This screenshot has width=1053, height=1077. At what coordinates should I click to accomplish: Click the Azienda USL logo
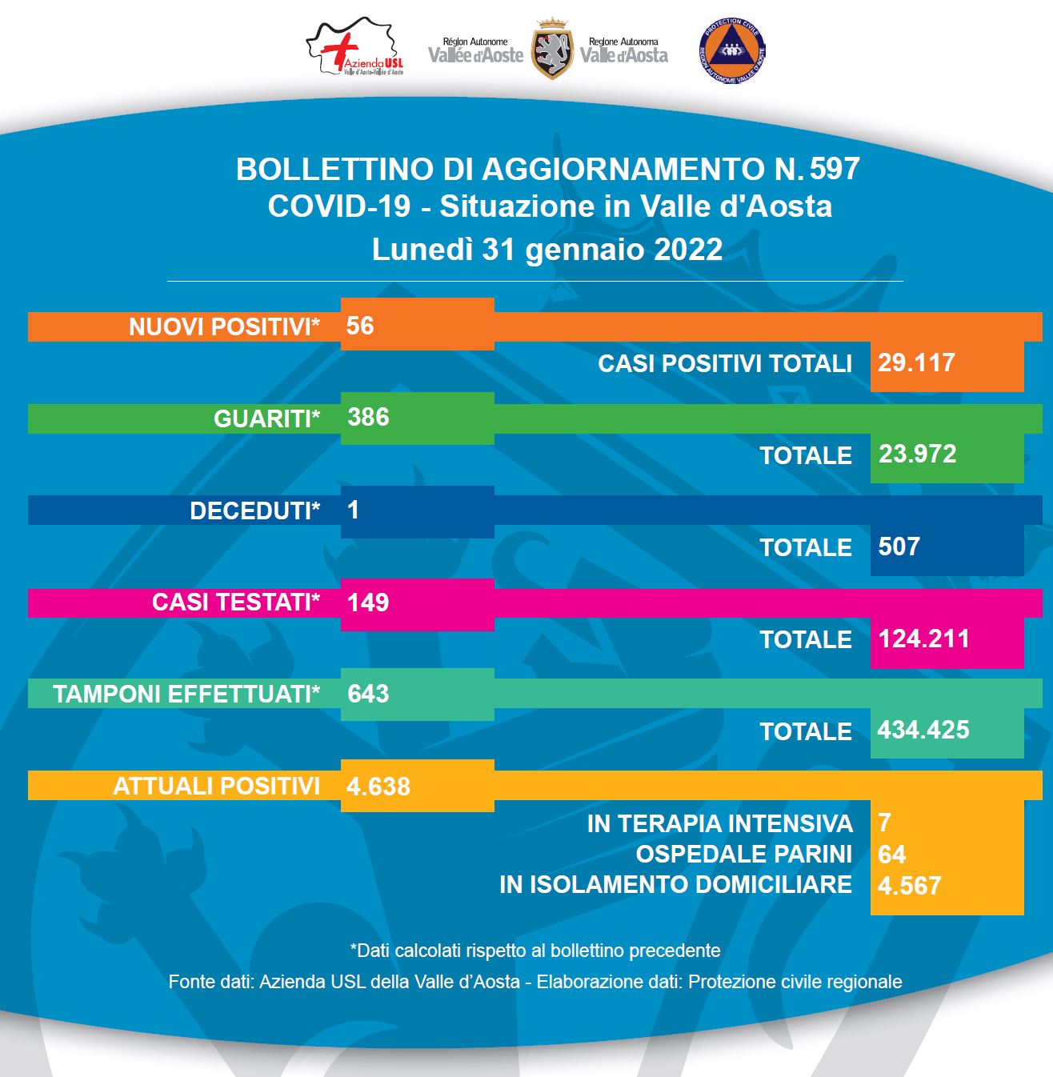point(355,50)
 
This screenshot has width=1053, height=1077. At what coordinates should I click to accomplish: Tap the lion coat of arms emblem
point(552,50)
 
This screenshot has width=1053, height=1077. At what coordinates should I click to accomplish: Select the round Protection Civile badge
point(732,50)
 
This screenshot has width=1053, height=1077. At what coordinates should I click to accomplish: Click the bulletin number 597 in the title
point(835,169)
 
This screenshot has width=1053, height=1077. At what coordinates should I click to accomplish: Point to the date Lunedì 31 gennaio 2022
point(547,250)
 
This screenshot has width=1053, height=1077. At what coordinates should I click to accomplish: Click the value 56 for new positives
point(360,326)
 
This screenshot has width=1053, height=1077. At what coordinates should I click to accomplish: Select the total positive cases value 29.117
point(916,362)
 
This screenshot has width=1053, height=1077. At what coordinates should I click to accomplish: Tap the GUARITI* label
point(266,418)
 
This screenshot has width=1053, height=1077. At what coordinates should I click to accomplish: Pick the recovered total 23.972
point(917,454)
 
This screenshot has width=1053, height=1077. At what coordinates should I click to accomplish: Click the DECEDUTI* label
point(254,510)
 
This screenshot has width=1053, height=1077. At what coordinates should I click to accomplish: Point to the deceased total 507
point(899,547)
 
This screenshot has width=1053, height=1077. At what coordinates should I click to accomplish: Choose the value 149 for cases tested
point(368,602)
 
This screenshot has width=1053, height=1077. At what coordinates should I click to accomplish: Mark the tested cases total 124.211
point(923,639)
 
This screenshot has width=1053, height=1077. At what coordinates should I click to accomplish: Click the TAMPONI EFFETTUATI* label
point(186,694)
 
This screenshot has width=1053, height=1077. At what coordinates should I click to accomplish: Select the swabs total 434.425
point(923,730)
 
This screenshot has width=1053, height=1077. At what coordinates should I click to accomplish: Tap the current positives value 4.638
point(378,787)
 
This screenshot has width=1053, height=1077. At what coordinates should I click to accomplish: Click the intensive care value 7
point(884,823)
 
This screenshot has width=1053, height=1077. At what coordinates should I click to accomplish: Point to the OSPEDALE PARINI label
point(743,854)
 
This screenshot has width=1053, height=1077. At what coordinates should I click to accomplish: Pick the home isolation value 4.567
point(909,886)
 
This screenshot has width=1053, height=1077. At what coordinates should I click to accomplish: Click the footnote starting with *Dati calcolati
point(535,951)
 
